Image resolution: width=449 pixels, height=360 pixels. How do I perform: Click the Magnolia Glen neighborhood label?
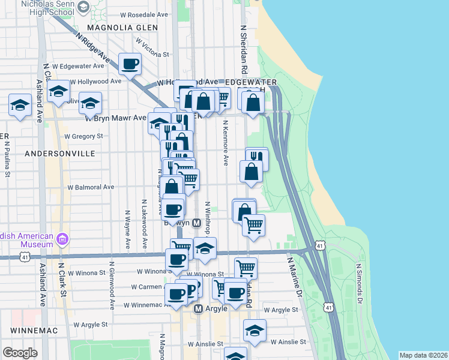[118, 27]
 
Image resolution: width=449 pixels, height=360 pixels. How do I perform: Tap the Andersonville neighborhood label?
[60, 154]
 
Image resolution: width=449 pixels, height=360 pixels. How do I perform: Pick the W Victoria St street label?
[152, 48]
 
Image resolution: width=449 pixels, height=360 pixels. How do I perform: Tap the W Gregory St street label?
[83, 136]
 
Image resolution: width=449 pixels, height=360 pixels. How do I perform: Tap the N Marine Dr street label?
[294, 277]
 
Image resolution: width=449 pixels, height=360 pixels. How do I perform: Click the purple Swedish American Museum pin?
[61, 240]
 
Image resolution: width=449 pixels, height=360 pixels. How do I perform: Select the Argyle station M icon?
[199, 308]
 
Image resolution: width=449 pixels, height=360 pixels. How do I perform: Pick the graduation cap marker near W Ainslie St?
[255, 330]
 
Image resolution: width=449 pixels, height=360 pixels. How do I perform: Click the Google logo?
[20, 353]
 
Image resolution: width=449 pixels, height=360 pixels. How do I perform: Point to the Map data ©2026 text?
[423, 355]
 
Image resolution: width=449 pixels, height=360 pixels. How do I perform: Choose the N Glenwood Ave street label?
[112, 285]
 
